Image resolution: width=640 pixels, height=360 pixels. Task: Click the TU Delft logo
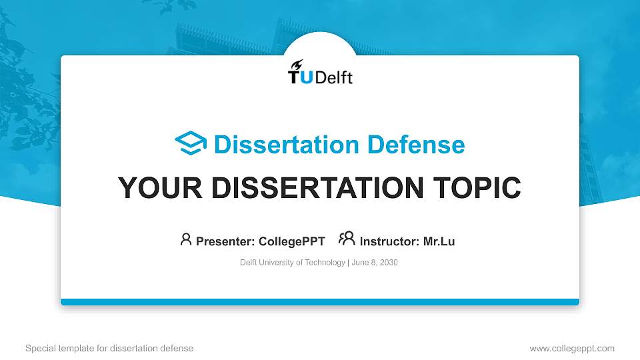point(320,73)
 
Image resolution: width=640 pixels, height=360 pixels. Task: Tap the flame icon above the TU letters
point(297,64)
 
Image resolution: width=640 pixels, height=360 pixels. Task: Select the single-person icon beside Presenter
point(186,239)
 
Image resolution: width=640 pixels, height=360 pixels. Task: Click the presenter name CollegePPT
point(291,241)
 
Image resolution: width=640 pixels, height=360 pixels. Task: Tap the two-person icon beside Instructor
point(347,239)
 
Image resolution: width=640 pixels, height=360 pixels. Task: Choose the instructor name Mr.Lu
point(439,241)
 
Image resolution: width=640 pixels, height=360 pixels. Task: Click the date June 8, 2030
point(375,263)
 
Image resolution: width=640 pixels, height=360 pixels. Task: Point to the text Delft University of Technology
point(292,263)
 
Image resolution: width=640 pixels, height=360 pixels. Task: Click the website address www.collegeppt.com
point(571,348)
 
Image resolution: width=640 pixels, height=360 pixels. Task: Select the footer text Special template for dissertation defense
point(109,348)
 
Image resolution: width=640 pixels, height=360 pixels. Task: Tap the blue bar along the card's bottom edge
point(320,302)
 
